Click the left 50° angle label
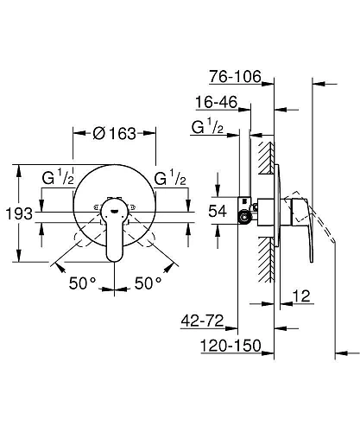[83, 283]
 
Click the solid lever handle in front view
[115, 232]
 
